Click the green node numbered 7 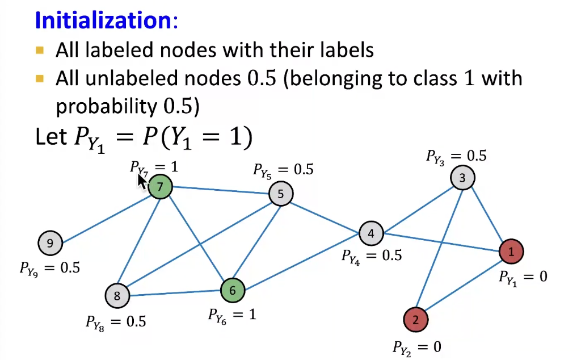click(x=161, y=187)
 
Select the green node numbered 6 click(x=233, y=290)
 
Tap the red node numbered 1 click(x=511, y=252)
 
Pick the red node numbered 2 click(x=416, y=320)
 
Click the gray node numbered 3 click(x=462, y=178)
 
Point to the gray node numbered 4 click(x=371, y=233)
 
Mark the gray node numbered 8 click(x=117, y=295)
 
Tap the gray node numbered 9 click(x=50, y=244)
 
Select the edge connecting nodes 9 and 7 click(x=105, y=215)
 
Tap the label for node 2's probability click(x=416, y=346)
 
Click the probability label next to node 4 click(x=371, y=256)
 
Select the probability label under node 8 click(x=116, y=322)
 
